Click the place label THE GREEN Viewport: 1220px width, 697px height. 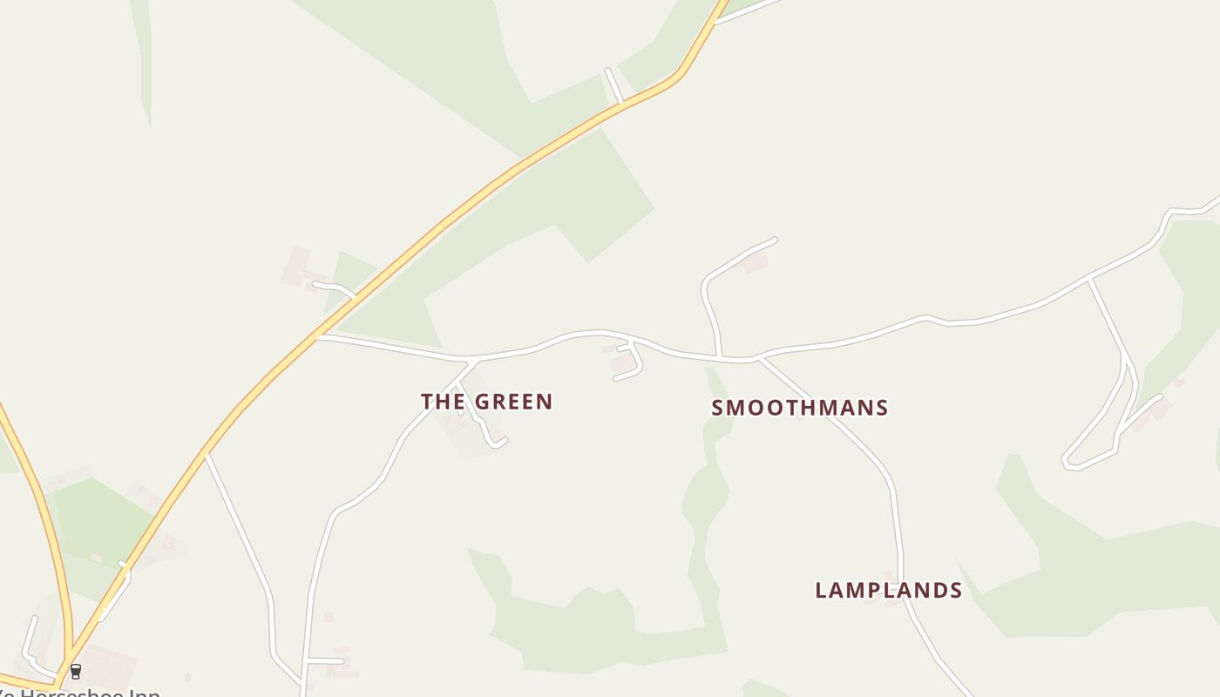[486, 402]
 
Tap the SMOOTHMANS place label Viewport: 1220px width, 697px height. [799, 408]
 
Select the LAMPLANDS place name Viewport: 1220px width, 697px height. [888, 591]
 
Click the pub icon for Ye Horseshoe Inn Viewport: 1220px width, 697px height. [76, 671]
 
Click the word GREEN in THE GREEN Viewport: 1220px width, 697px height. [514, 402]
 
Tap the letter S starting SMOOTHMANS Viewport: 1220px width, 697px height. [718, 408]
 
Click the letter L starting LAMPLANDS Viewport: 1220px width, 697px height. [821, 591]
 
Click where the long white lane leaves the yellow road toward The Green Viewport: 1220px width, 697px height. [320, 336]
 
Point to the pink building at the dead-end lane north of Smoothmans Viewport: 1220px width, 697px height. [755, 261]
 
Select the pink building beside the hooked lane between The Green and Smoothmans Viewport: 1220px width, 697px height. [621, 363]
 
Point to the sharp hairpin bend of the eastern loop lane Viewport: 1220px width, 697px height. [1068, 463]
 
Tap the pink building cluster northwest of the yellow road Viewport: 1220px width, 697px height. [298, 267]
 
